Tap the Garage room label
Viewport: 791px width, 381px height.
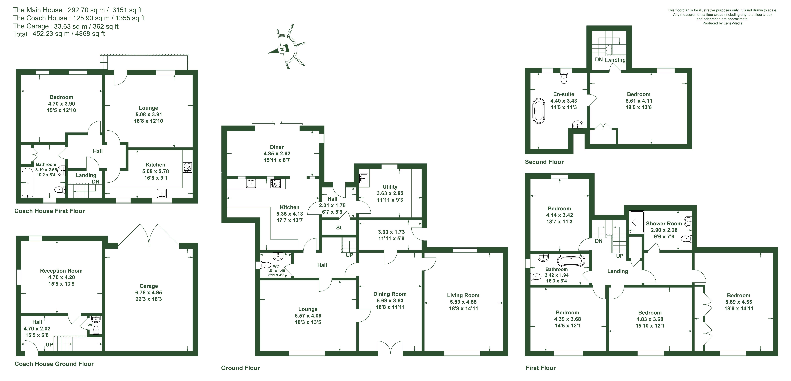click(149, 286)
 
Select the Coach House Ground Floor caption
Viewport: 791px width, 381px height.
click(54, 364)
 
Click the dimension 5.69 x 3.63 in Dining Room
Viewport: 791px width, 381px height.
click(390, 301)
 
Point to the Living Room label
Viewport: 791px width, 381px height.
click(463, 295)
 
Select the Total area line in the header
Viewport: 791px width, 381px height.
click(59, 34)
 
